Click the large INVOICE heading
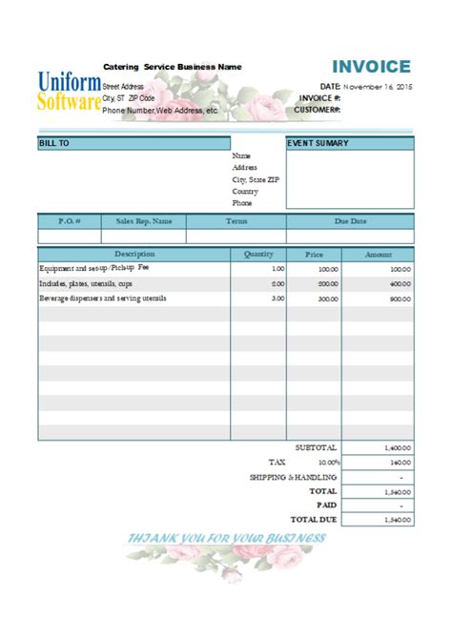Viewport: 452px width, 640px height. [x=371, y=67]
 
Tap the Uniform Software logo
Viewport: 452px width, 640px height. [x=69, y=91]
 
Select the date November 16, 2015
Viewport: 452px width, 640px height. [x=379, y=86]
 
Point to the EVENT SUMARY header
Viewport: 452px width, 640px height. [x=318, y=143]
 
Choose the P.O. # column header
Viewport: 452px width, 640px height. [x=69, y=220]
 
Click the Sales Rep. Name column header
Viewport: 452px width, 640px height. [x=144, y=220]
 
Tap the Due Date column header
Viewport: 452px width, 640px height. [x=350, y=220]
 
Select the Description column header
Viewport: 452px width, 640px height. [x=134, y=254]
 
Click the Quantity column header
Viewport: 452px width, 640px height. [x=258, y=254]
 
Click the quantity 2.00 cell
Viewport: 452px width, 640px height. [x=277, y=284]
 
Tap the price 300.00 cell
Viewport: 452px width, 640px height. [x=328, y=299]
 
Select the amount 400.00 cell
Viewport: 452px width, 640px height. [x=400, y=284]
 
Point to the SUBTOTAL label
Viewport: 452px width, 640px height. [x=317, y=446]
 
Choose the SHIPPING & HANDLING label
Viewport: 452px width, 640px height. [x=294, y=476]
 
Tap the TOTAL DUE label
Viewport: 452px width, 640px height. [x=314, y=519]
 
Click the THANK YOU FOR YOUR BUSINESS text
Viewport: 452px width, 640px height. [x=227, y=538]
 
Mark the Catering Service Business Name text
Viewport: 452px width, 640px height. [x=173, y=67]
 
